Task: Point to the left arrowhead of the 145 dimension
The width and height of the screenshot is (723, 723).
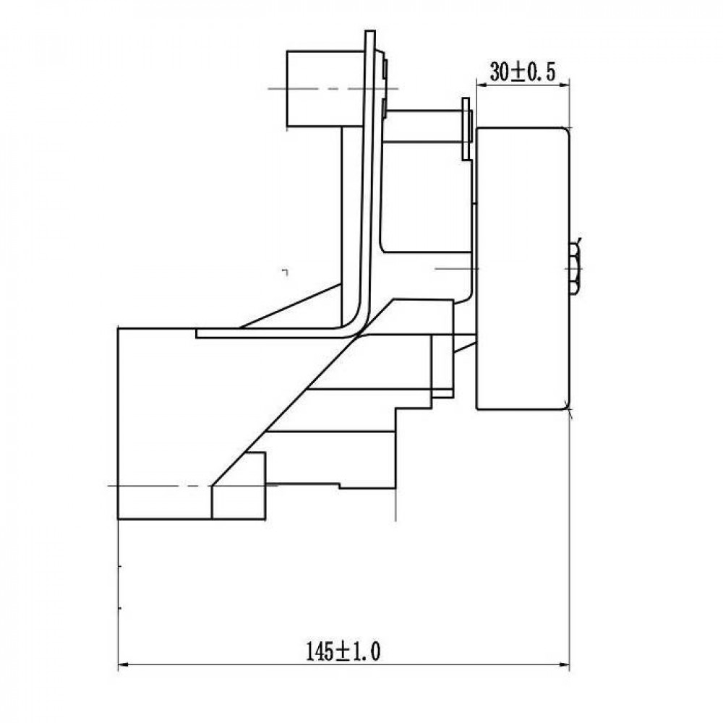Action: [x=124, y=664]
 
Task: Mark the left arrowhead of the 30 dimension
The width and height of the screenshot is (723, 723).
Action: [x=482, y=85]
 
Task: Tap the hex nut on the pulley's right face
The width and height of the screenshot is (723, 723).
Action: [x=575, y=268]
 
